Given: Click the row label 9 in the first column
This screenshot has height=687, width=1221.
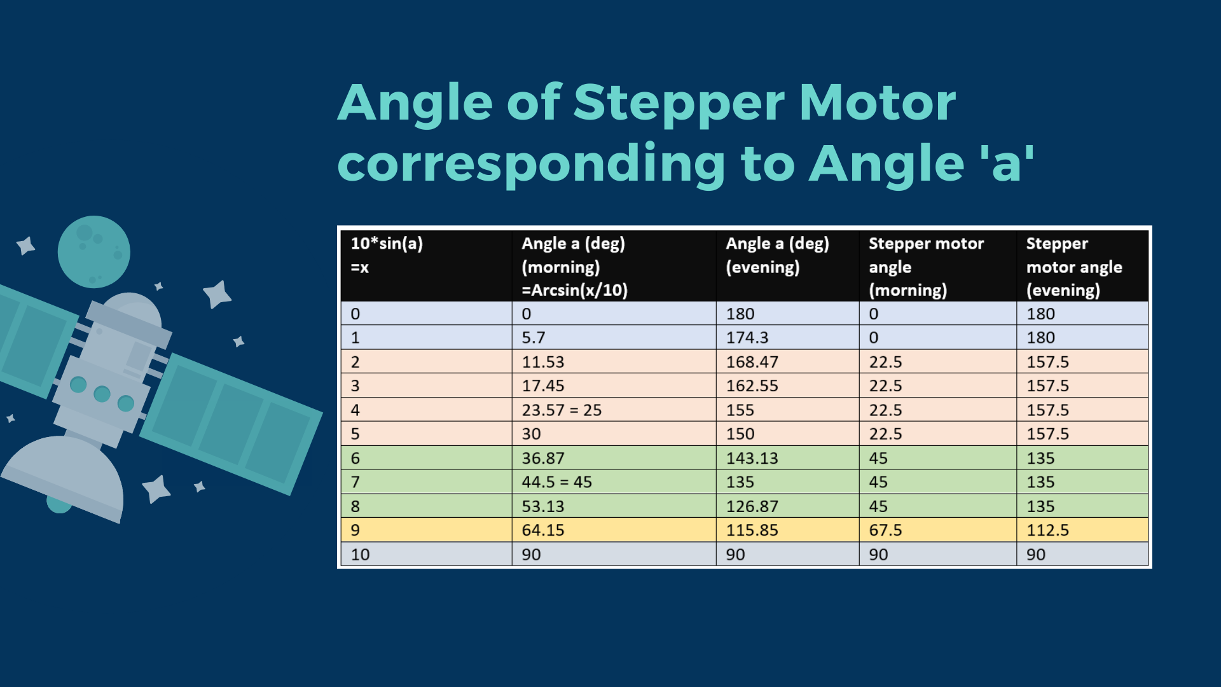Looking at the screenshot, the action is point(355,530).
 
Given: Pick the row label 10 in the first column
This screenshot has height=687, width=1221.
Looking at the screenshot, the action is point(360,554).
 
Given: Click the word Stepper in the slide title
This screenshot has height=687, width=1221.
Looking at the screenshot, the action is point(679,103).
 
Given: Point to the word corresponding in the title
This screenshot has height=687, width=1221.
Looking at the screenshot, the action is point(531,164).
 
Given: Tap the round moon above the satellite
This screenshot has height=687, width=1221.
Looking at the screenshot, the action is point(94,252).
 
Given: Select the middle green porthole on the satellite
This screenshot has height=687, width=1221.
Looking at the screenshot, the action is point(102,394).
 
